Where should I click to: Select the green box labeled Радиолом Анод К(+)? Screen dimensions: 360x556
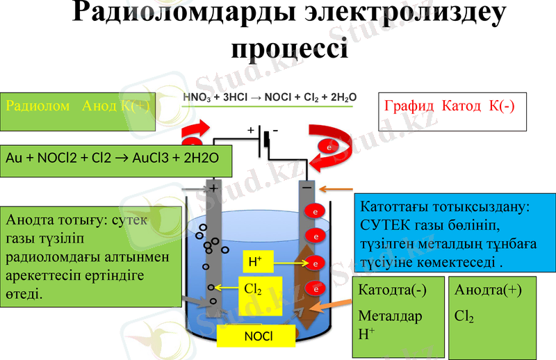click(77, 111)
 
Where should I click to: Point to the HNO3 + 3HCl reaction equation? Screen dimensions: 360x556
click(268, 99)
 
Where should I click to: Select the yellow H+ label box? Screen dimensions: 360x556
click(256, 262)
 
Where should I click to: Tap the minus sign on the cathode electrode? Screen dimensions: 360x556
click(306, 187)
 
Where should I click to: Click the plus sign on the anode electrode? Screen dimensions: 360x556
click(213, 188)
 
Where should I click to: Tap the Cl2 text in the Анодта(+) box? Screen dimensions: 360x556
click(464, 317)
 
